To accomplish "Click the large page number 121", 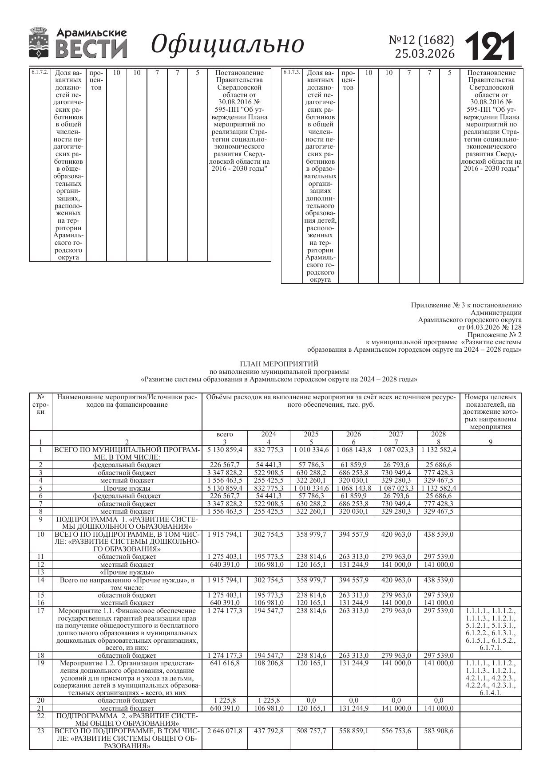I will point(490,46).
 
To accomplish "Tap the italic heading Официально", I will point(227,44).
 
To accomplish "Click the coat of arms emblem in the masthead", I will point(39,43).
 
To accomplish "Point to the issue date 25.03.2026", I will point(425,54).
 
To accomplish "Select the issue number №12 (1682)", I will point(421,40).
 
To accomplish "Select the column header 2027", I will point(396,434).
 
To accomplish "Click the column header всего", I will point(225,434).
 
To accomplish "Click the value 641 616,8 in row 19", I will point(225,663).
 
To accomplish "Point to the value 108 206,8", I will point(268,663).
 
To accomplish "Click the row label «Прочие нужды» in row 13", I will point(127,572).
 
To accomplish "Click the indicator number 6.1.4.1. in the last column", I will point(491,693).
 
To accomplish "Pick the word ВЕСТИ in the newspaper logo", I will point(91,48).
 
